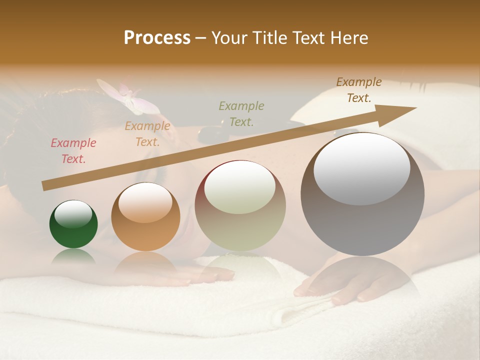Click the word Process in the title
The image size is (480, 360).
pyautogui.click(x=157, y=38)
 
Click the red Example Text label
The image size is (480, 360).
pyautogui.click(x=73, y=151)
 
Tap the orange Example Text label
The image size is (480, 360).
pyautogui.click(x=147, y=134)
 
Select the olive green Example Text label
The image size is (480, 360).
pyautogui.click(x=241, y=113)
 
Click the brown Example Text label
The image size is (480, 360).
pyautogui.click(x=359, y=90)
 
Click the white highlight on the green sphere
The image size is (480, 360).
pyautogui.click(x=73, y=214)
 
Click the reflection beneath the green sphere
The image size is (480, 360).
pyautogui.click(x=73, y=256)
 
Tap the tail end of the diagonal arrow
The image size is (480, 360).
pyautogui.click(x=45, y=186)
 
